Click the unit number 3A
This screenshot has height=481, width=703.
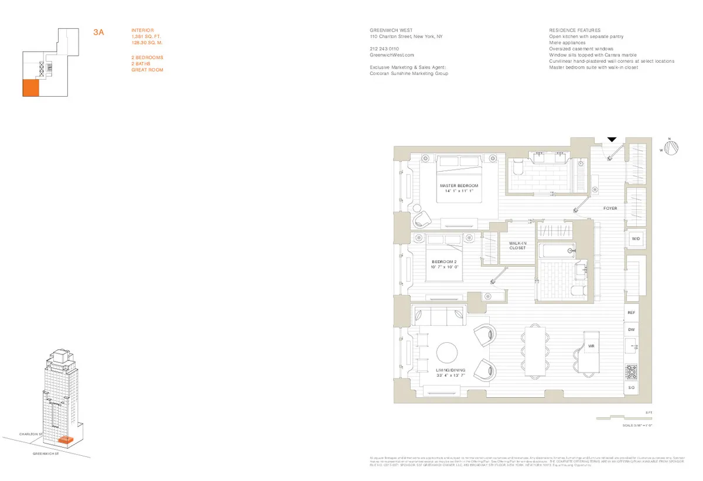pos(98,33)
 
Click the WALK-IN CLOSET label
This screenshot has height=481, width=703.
pos(517,245)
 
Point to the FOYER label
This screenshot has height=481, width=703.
pos(610,209)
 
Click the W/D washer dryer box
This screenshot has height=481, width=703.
pos(636,239)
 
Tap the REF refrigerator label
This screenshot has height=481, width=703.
pos(632,313)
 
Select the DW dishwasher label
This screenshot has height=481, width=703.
pos(632,330)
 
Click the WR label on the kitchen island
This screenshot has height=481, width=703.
pos(591,346)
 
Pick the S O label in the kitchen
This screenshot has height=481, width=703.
pos(632,388)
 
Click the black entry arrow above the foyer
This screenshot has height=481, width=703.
pos(612,139)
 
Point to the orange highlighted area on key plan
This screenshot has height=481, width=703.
pos(30,88)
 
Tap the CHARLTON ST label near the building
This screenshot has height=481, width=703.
pos(31,434)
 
